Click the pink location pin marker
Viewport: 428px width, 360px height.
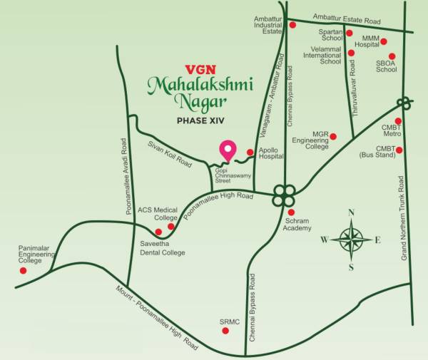click(x=228, y=150)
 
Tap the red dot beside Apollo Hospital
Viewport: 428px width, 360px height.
click(x=250, y=153)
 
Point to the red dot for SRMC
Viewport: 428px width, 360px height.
click(x=226, y=331)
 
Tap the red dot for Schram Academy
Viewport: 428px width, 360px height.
click(x=291, y=212)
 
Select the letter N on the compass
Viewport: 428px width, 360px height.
click(x=351, y=212)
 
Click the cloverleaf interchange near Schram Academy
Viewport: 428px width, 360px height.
click(x=284, y=193)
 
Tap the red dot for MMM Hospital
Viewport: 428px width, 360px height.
click(x=384, y=41)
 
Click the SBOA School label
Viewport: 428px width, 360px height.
click(x=387, y=66)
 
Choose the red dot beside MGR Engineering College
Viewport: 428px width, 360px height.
click(x=332, y=136)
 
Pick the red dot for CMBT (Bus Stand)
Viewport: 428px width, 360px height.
click(x=399, y=150)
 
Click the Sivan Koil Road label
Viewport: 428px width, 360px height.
click(x=170, y=153)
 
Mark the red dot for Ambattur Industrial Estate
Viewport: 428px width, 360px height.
click(x=292, y=25)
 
